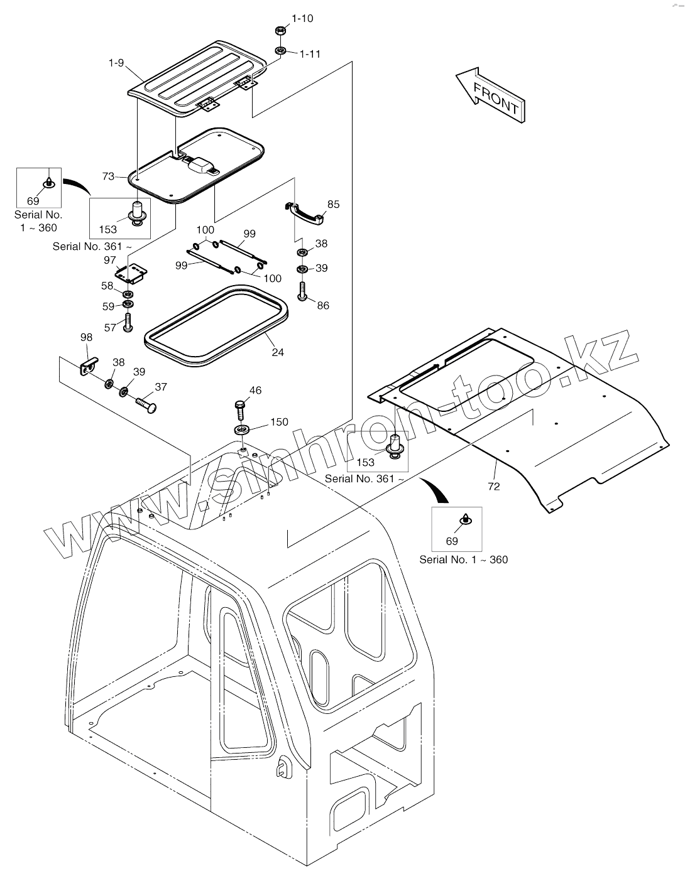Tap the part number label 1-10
click(x=302, y=18)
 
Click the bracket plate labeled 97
click(x=131, y=273)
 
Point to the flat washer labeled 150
click(x=242, y=429)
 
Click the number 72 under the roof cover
click(x=494, y=486)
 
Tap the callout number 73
click(x=109, y=176)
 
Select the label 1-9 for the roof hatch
click(x=116, y=63)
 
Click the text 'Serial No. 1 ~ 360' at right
click(x=463, y=559)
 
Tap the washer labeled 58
click(x=128, y=294)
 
